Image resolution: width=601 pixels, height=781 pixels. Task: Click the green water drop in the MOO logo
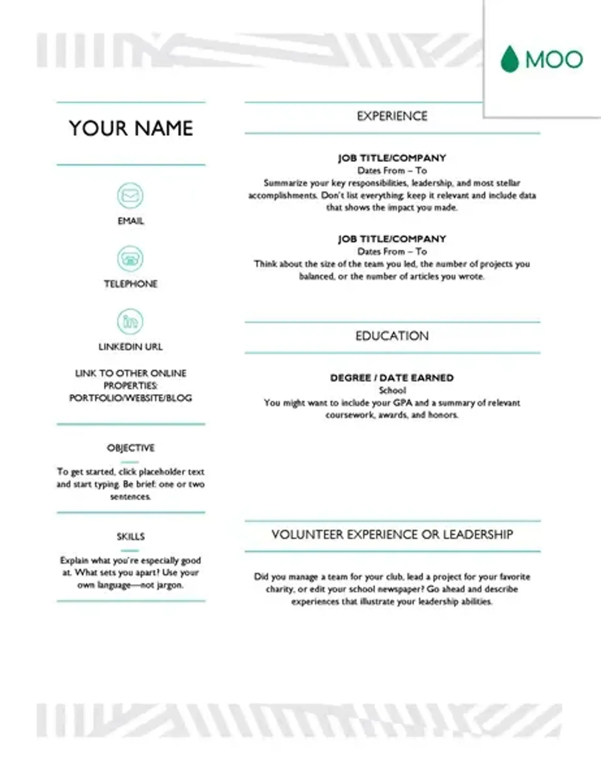[x=510, y=59]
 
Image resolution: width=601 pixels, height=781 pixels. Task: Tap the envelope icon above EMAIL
[x=130, y=196]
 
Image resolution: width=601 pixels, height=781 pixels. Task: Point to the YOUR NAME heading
[x=131, y=128]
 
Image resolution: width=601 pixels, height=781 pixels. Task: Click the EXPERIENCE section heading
[x=392, y=116]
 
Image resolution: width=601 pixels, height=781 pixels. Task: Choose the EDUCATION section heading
[x=392, y=336]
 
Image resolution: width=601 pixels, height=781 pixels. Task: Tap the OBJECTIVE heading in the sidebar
[x=131, y=448]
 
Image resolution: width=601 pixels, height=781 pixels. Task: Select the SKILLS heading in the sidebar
[x=131, y=536]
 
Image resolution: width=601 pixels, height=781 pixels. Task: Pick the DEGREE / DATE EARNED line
[x=392, y=378]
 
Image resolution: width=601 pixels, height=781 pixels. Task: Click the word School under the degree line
[x=392, y=390]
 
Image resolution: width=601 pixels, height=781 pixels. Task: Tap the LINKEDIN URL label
[x=131, y=347]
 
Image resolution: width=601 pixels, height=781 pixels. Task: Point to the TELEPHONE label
[x=131, y=284]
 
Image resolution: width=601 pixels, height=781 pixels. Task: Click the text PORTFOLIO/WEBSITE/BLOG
[x=131, y=398]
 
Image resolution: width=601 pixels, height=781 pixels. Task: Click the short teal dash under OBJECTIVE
[x=130, y=462]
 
